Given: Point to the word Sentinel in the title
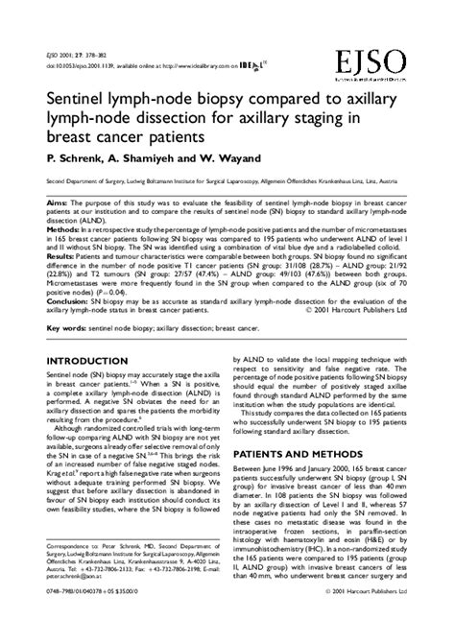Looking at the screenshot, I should click(x=77, y=99).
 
